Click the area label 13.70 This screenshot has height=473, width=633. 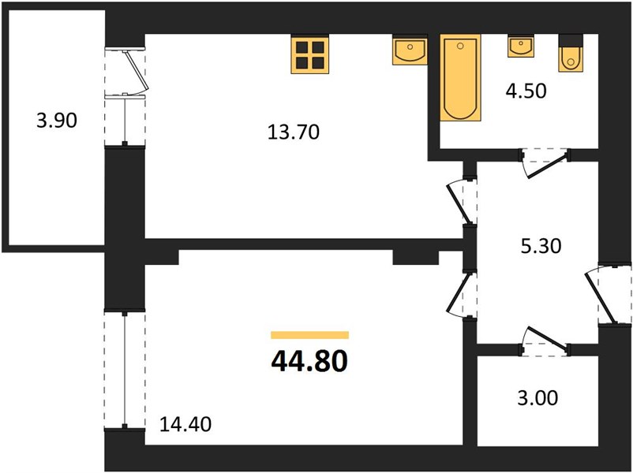coord(294,132)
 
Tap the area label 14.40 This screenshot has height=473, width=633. coord(185,424)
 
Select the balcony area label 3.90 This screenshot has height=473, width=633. coord(57,121)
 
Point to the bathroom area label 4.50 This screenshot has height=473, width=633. coord(526,91)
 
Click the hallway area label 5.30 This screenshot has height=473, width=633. coord(541,246)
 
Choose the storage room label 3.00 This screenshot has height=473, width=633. coord(537,398)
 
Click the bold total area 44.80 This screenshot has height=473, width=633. coord(309,361)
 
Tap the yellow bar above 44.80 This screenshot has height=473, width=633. coord(309,335)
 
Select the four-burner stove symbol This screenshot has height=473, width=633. coord(309,54)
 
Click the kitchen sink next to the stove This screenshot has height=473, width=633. coord(410,50)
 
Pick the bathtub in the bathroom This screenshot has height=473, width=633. coord(460,77)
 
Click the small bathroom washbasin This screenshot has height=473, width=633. coord(521,46)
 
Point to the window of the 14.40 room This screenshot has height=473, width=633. coord(125,370)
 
